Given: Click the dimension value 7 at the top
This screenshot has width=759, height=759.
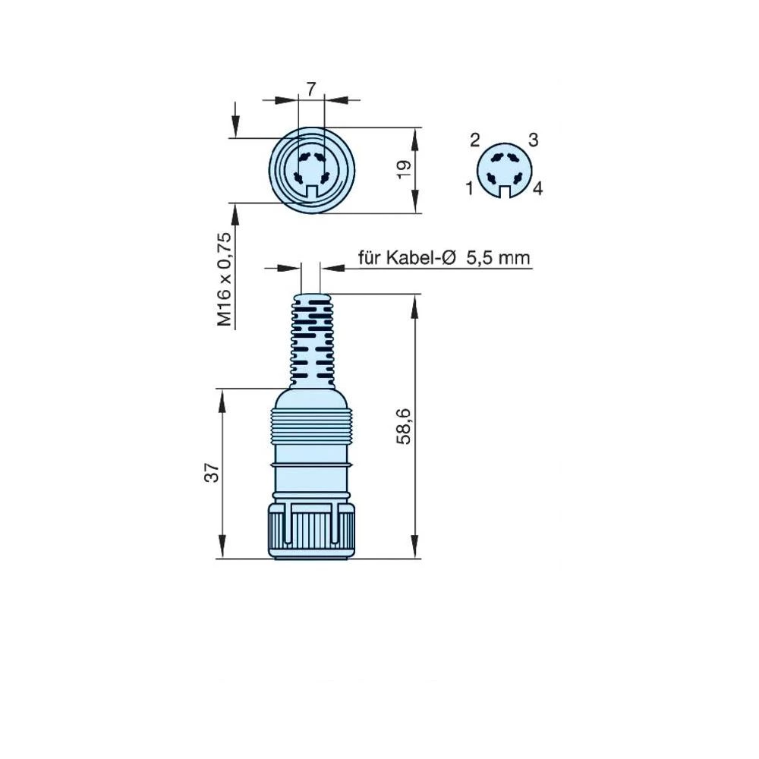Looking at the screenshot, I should (x=311, y=89).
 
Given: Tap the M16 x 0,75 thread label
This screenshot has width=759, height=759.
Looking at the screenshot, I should (x=225, y=279).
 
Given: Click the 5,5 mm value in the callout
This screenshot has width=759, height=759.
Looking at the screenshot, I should (x=498, y=258).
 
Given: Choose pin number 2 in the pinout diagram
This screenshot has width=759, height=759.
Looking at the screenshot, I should (x=475, y=140).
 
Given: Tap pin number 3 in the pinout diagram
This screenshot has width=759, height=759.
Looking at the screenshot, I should (x=533, y=140).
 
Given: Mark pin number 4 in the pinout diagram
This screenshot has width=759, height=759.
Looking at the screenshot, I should (x=537, y=189).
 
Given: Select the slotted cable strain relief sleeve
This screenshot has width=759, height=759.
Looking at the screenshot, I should (x=311, y=338).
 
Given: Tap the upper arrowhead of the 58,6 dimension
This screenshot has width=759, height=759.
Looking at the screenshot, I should (x=416, y=301).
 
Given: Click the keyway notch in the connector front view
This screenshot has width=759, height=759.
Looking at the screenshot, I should (x=311, y=193).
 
